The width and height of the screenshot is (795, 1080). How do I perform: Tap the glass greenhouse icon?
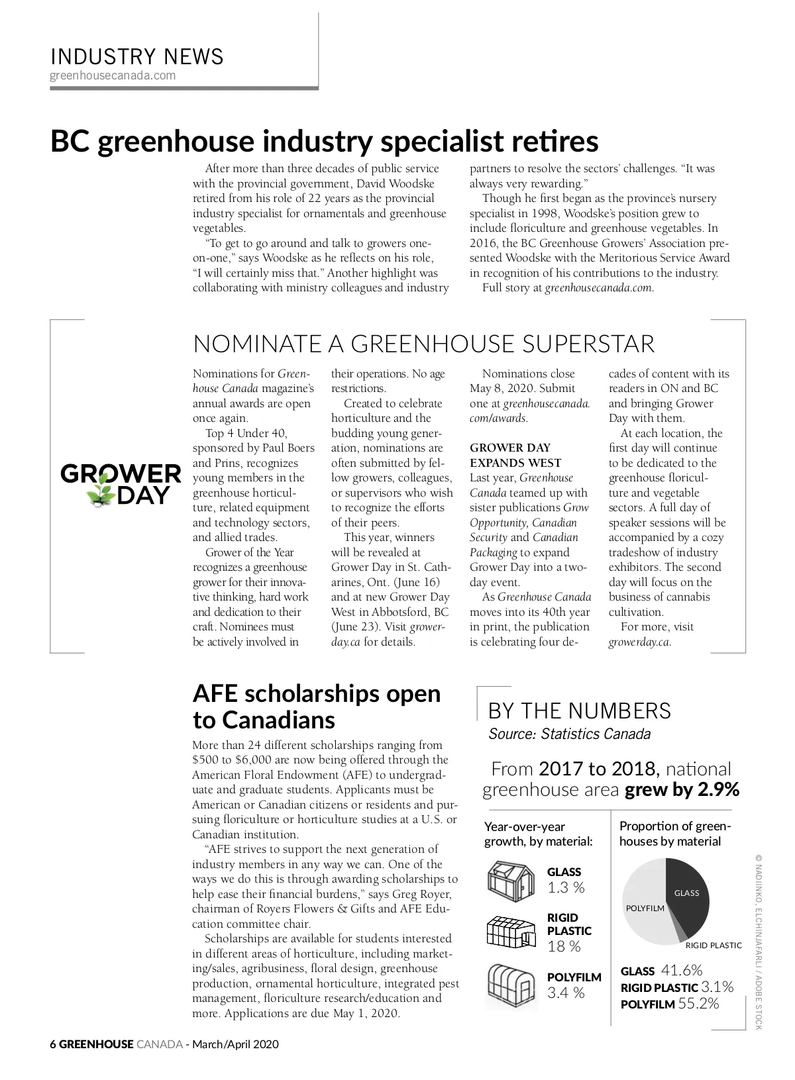coord(510,879)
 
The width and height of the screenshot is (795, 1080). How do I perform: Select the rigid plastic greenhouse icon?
coord(510,932)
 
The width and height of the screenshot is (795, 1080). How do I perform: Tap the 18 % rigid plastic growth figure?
coord(564,947)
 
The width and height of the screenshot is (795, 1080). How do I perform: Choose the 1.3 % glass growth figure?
coord(566,888)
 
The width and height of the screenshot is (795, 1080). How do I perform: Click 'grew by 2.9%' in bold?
coord(682,790)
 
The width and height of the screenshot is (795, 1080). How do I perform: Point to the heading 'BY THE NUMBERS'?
coord(579,711)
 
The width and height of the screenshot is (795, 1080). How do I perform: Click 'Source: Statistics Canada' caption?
coord(569,734)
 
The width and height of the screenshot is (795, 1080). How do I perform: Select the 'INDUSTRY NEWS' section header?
coord(137,56)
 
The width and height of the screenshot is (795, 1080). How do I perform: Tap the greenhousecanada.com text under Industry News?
coord(113,75)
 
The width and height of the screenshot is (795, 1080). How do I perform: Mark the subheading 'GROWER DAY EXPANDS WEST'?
coord(515,456)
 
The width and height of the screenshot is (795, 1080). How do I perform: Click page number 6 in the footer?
coord(53,1045)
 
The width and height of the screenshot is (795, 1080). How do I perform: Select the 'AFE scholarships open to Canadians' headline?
coord(316,707)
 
